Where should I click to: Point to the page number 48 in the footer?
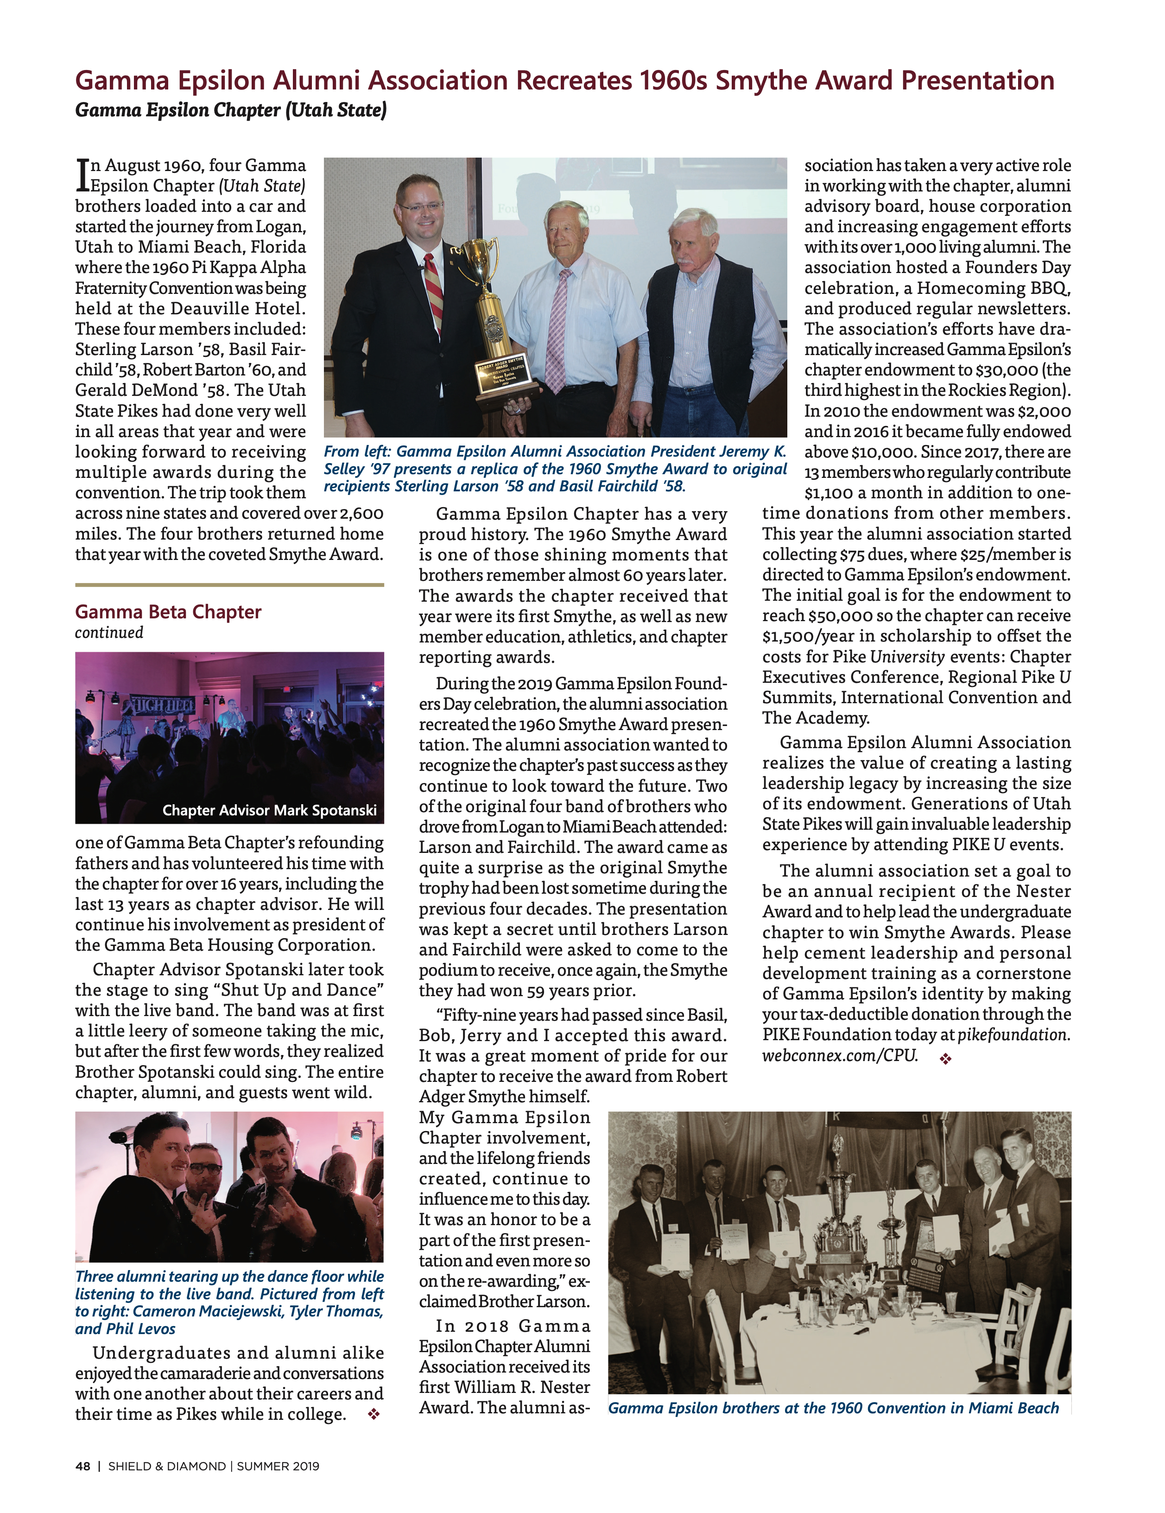82,1466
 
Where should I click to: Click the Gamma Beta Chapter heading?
168,612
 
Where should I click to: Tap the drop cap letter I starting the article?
82,176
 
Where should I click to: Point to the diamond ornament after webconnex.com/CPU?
945,1059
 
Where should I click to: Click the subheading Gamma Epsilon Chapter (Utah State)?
231,110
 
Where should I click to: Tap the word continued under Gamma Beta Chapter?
109,632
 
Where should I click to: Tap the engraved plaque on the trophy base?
501,372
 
